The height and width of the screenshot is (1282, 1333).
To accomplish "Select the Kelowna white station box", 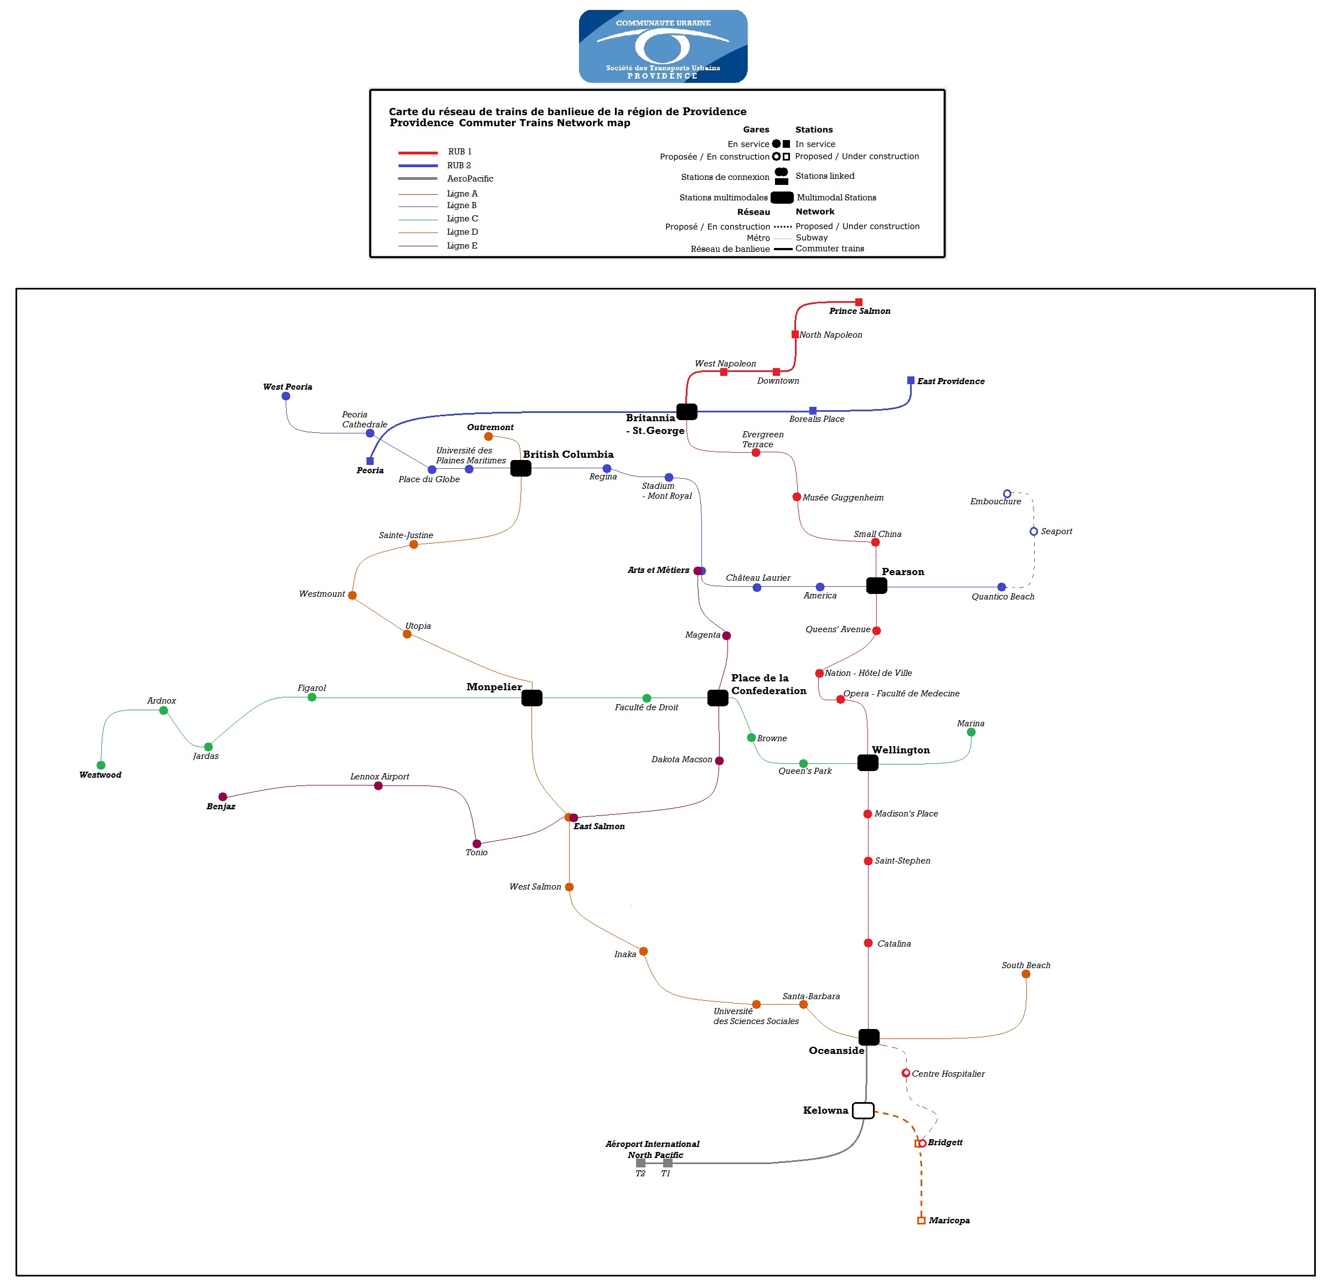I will (862, 1110).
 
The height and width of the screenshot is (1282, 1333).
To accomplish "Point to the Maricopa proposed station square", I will (921, 1220).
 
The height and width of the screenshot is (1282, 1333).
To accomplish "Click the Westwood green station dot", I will (101, 765).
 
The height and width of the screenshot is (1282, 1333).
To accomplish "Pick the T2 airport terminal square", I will (640, 1162).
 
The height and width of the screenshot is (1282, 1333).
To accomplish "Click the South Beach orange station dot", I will (1026, 974).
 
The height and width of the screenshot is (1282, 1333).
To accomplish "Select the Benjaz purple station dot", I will (223, 797).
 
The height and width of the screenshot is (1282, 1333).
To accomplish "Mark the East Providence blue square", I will (911, 380).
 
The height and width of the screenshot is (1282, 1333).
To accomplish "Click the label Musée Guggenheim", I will (843, 497).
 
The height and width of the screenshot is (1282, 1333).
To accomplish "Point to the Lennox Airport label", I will (380, 776).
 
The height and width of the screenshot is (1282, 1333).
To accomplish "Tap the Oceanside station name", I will (836, 1050).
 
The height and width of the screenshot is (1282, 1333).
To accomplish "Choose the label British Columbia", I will (568, 454).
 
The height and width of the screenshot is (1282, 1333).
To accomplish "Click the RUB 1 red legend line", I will (417, 152).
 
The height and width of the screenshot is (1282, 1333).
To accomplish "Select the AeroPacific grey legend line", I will (417, 179).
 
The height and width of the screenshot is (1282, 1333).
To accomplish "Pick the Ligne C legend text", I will (462, 218).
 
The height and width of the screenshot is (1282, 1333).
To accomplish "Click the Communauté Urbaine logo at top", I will (663, 46).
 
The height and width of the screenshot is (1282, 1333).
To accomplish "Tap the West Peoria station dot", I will (286, 396).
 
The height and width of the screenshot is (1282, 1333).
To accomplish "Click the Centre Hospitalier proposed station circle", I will (905, 1073).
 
